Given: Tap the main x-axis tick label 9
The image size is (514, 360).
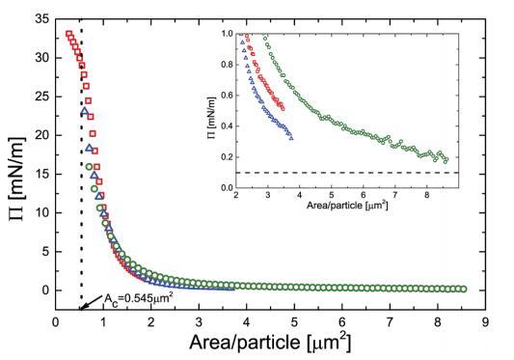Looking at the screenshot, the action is pyautogui.click(x=485, y=322).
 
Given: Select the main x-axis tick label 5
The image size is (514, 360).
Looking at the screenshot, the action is pyautogui.click(x=294, y=322).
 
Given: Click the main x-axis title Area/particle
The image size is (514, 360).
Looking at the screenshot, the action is pyautogui.click(x=245, y=342).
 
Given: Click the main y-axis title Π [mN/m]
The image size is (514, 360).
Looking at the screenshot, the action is pyautogui.click(x=17, y=179).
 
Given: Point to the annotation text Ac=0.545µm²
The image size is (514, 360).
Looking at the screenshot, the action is pyautogui.click(x=138, y=297).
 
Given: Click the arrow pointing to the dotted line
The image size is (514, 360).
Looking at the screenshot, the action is pyautogui.click(x=92, y=302).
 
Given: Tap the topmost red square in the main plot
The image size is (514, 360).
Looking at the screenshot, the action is pyautogui.click(x=68, y=34).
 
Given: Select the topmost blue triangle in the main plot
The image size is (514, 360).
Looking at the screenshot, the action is pyautogui.click(x=85, y=111).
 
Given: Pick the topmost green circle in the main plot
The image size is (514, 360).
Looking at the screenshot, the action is pyautogui.click(x=89, y=167).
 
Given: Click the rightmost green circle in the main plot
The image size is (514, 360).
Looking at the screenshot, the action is pyautogui.click(x=464, y=290).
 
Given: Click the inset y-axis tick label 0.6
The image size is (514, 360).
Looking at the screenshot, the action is pyautogui.click(x=228, y=96).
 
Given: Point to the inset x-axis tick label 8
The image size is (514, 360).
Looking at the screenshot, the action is pyautogui.click(x=426, y=195).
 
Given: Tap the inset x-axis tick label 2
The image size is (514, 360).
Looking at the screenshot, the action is pyautogui.click(x=236, y=195).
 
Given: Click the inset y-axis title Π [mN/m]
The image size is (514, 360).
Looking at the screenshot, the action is pyautogui.click(x=212, y=118).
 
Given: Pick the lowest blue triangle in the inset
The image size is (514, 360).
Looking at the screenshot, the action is pyautogui.click(x=291, y=138).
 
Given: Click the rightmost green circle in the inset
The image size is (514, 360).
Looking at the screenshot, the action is pyautogui.click(x=446, y=160).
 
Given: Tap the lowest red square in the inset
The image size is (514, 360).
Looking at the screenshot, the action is pyautogui.click(x=283, y=109).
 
